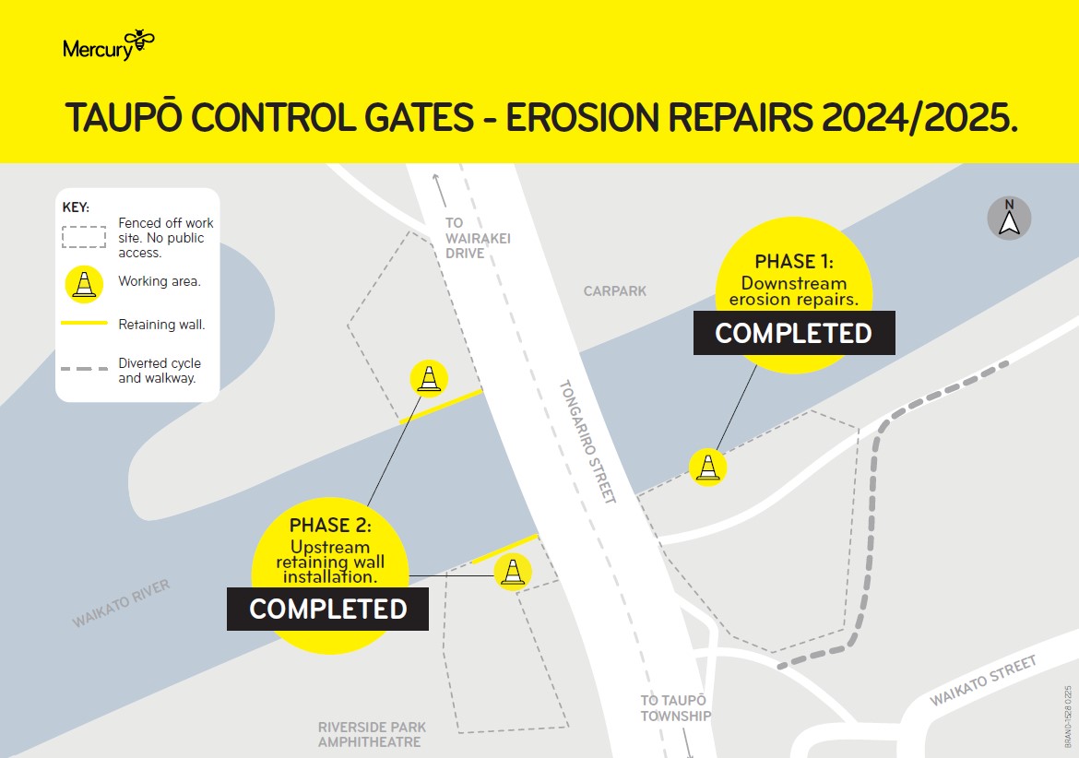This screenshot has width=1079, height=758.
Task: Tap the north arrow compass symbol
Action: pos(1009,219)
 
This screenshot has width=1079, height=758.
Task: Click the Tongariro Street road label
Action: pos(587,441)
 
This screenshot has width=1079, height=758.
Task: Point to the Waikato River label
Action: pos(121,604)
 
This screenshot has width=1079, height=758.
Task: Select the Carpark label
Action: pos(615,291)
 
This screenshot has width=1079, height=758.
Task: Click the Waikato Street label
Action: pos(983,681)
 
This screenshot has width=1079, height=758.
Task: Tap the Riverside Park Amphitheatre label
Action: pos(372,735)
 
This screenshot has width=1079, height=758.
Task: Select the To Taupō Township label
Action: pos(675,708)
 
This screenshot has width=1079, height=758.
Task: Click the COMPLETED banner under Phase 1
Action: pos(794,333)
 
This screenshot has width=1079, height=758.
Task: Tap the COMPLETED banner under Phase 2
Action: pos(328,609)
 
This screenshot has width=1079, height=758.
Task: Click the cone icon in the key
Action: pos(85,282)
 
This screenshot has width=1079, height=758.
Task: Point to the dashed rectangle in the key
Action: pos(85,237)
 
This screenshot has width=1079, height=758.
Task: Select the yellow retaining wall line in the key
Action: pos(85,324)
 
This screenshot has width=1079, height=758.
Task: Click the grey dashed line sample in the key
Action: pos(85,369)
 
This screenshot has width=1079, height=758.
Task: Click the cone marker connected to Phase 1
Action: pos(707,467)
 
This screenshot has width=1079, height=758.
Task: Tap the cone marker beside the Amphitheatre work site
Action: pos(513,571)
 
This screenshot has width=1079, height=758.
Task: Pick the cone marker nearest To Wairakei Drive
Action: pos(429,378)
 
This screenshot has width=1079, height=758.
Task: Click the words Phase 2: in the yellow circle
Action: pos(330,526)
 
